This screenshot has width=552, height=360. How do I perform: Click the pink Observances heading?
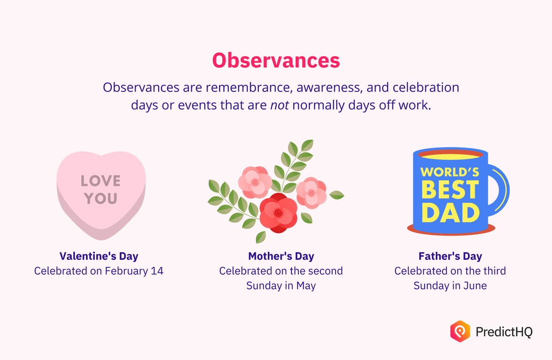[276, 61]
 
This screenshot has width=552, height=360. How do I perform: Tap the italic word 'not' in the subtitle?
[280, 105]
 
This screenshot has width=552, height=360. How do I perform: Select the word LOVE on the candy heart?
[100, 181]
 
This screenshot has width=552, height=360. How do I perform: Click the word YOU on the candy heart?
[100, 199]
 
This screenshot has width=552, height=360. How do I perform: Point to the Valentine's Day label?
[99, 256]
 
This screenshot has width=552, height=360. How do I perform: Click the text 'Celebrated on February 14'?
[99, 271]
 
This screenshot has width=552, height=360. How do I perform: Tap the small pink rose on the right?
[311, 192]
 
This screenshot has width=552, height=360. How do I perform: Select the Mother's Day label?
[281, 256]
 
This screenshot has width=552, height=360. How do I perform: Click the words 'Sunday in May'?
[281, 285]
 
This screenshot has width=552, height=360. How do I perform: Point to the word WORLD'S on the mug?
[450, 172]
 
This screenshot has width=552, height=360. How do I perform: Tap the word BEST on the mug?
[450, 190]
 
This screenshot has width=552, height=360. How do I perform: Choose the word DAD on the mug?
[450, 213]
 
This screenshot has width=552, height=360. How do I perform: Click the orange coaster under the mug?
[451, 230]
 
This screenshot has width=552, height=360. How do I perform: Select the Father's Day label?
[450, 256]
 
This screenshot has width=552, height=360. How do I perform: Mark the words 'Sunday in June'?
[450, 285]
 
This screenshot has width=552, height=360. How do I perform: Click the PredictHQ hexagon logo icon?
[460, 331]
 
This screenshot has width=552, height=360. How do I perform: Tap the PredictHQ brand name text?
[504, 332]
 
